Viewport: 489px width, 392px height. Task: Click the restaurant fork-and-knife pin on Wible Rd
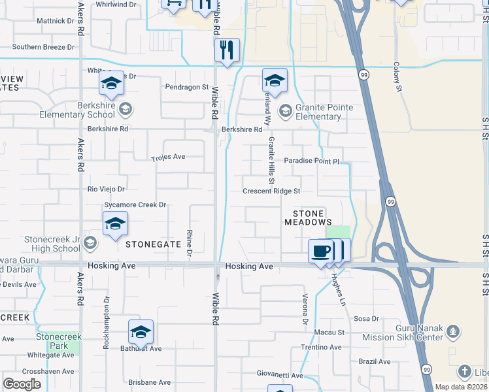click(227, 50)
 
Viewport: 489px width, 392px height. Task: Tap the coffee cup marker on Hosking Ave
click(320, 251)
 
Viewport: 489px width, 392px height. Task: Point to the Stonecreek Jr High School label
click(52, 244)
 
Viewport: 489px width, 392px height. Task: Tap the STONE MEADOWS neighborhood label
click(308, 218)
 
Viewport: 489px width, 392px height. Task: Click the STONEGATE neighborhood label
click(153, 244)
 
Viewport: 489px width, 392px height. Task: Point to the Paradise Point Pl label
click(312, 161)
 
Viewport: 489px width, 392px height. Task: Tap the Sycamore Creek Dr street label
click(135, 204)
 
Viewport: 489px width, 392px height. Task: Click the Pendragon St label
click(186, 86)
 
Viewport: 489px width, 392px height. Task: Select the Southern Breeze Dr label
click(43, 47)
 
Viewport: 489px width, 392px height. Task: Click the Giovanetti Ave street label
click(279, 376)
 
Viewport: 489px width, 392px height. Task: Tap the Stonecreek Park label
click(59, 341)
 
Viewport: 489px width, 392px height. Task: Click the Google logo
click(22, 384)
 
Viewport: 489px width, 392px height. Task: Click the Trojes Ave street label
click(169, 157)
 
